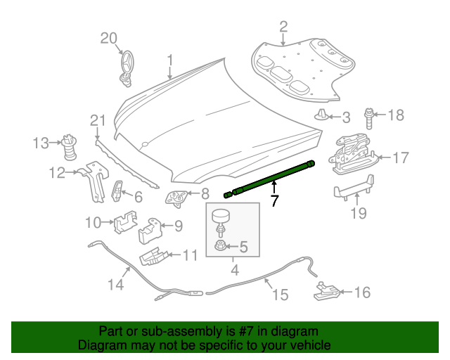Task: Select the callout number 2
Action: pos(283,27)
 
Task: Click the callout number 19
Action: pos(359,212)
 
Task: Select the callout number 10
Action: pos(94,223)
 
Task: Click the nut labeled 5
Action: pos(220,247)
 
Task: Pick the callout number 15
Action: pos(280,295)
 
